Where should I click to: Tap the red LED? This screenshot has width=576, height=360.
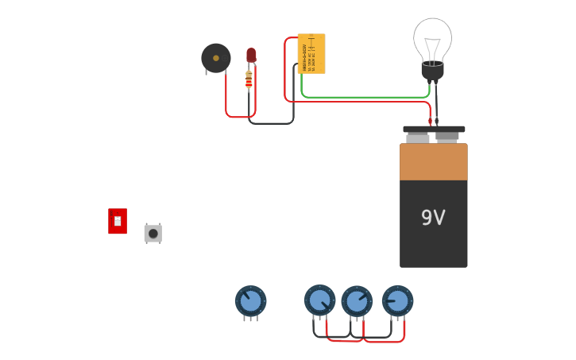coord(251,55)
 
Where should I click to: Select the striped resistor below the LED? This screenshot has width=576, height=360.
coord(249,80)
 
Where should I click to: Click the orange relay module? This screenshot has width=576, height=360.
coord(311,53)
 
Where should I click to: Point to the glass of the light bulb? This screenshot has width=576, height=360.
coord(432,37)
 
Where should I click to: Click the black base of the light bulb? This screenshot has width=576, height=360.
coord(432,72)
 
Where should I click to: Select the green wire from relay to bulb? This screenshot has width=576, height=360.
coord(365,98)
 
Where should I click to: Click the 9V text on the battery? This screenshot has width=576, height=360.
coord(433,218)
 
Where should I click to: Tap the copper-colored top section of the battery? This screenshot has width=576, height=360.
coord(433,161)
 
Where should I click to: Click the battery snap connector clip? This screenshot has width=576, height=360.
coord(433,129)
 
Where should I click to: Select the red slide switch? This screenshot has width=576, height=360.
coord(118,221)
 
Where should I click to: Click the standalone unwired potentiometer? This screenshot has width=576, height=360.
coord(250,301)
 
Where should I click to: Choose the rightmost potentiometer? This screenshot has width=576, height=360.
coord(397,301)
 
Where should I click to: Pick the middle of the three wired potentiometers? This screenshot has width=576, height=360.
coord(357,301)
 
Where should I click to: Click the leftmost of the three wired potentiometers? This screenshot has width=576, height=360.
coord(319,300)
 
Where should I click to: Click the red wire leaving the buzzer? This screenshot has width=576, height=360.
coord(226,99)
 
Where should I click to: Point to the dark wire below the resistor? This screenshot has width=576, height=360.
coord(270,123)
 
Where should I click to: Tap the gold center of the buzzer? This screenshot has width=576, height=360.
coord(216,58)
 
